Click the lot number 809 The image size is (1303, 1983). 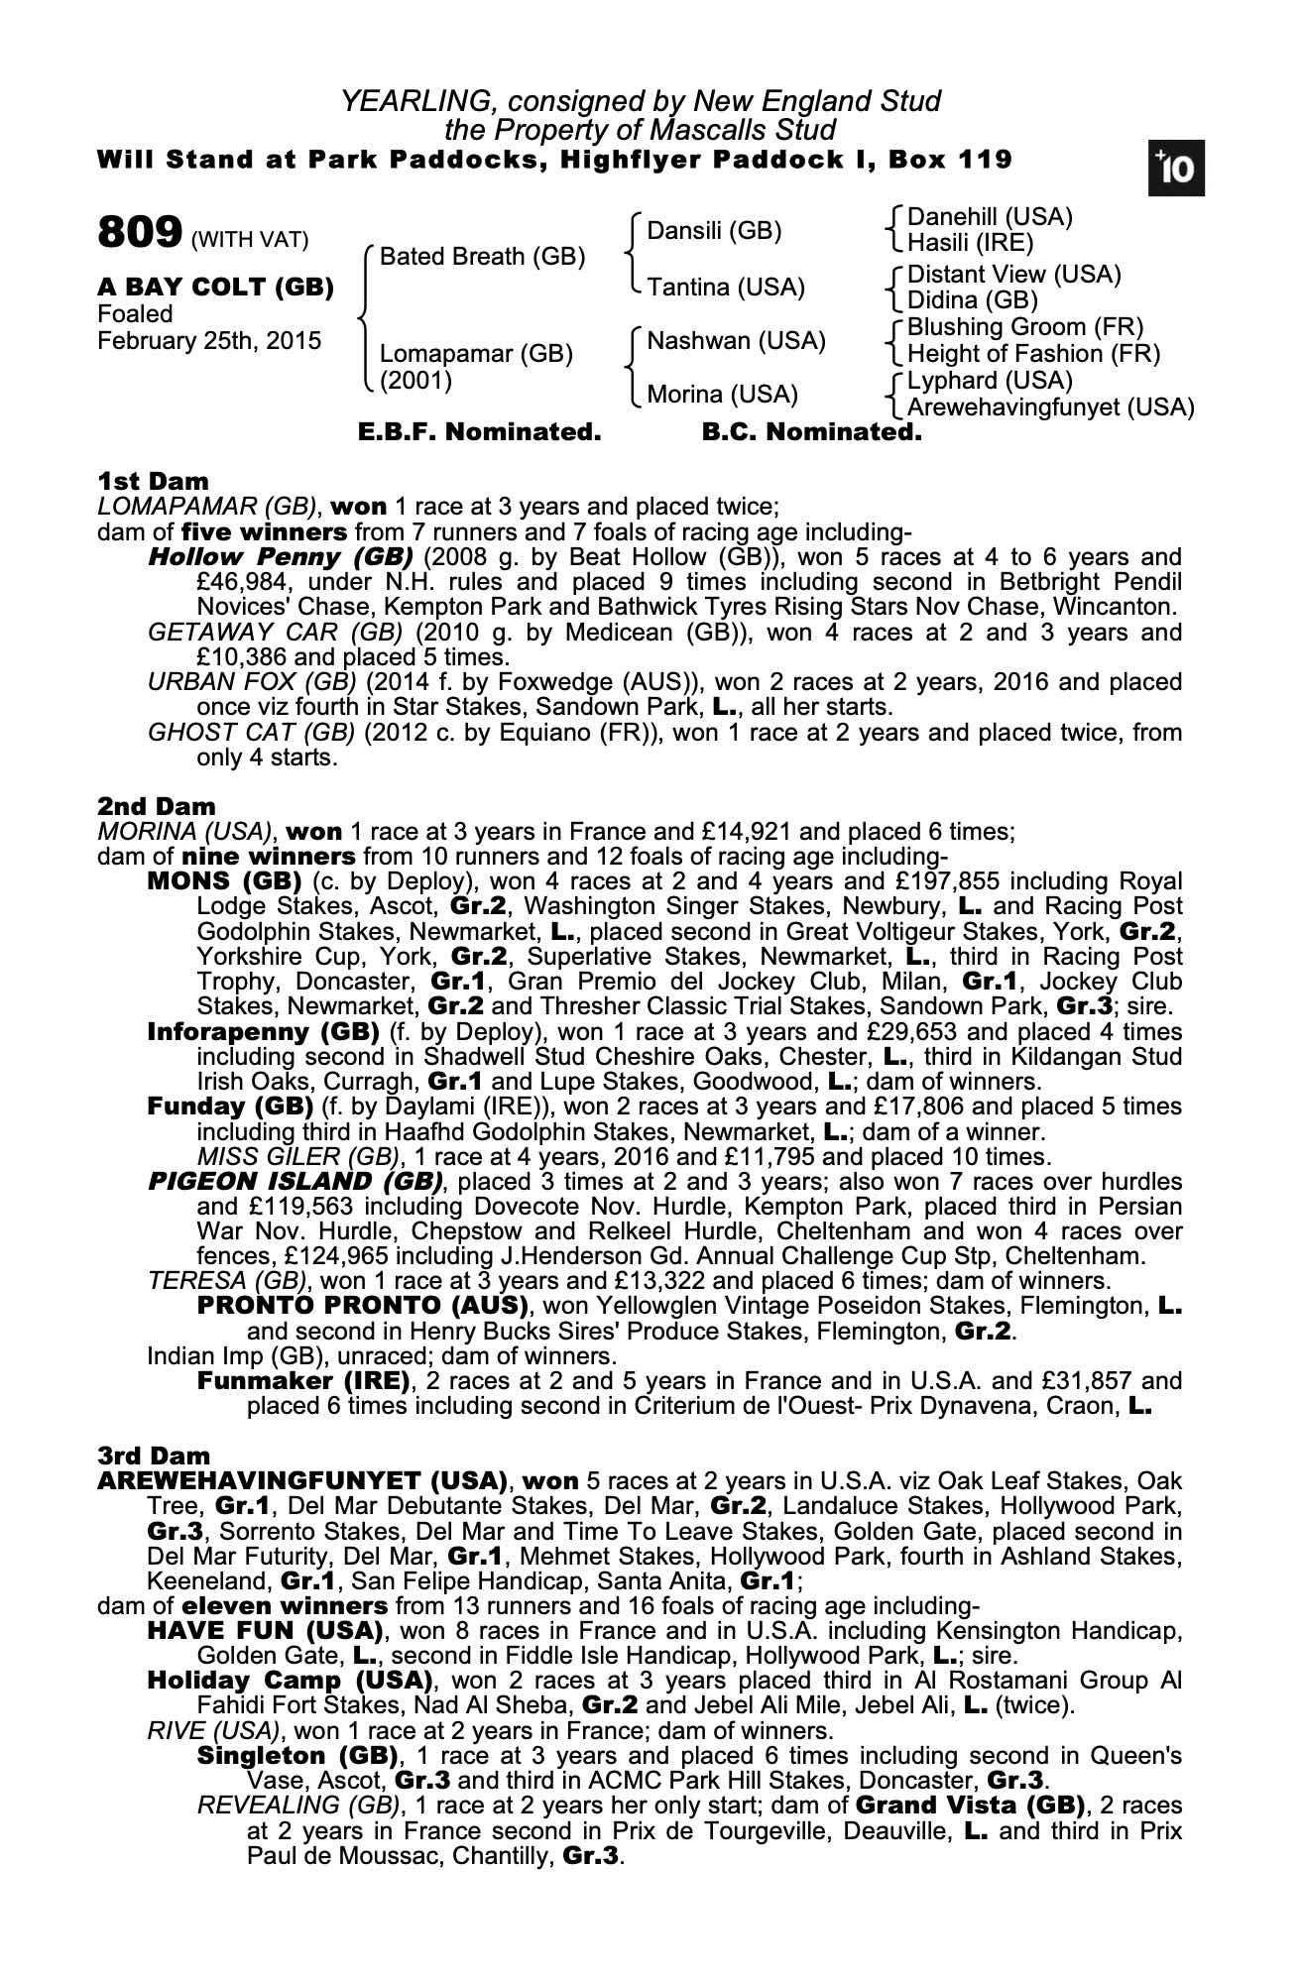[139, 234]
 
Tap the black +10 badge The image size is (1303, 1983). [1177, 171]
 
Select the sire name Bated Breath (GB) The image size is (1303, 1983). [482, 257]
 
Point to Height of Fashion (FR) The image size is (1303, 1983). [1033, 354]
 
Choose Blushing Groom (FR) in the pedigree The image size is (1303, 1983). [1025, 327]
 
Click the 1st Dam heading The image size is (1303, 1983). [153, 482]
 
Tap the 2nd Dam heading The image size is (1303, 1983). [156, 806]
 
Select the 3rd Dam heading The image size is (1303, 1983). [154, 1456]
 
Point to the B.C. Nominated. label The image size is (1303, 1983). [811, 433]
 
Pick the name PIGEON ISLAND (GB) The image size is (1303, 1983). [295, 1182]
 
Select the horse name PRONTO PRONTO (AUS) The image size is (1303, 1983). [363, 1306]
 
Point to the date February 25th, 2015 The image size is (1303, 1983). [209, 341]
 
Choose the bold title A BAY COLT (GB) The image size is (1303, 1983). [215, 288]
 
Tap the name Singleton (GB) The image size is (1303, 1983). [296, 1756]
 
